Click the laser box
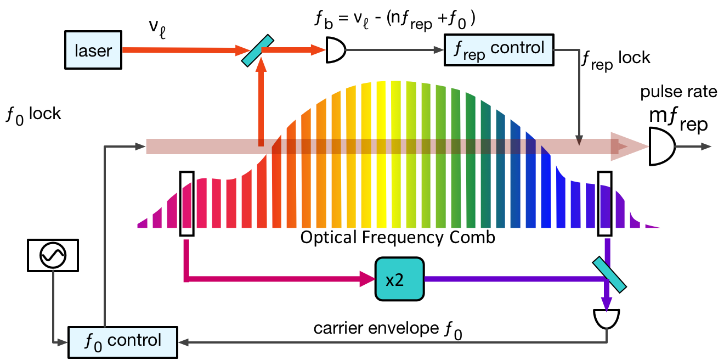(x=93, y=50)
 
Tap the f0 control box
(x=123, y=341)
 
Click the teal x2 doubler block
(x=399, y=279)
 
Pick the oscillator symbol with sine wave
(x=52, y=255)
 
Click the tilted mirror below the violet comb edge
(x=609, y=275)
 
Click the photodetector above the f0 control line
(x=607, y=318)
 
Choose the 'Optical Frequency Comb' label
(x=398, y=237)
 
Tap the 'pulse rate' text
(x=679, y=92)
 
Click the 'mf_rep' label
(x=678, y=122)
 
